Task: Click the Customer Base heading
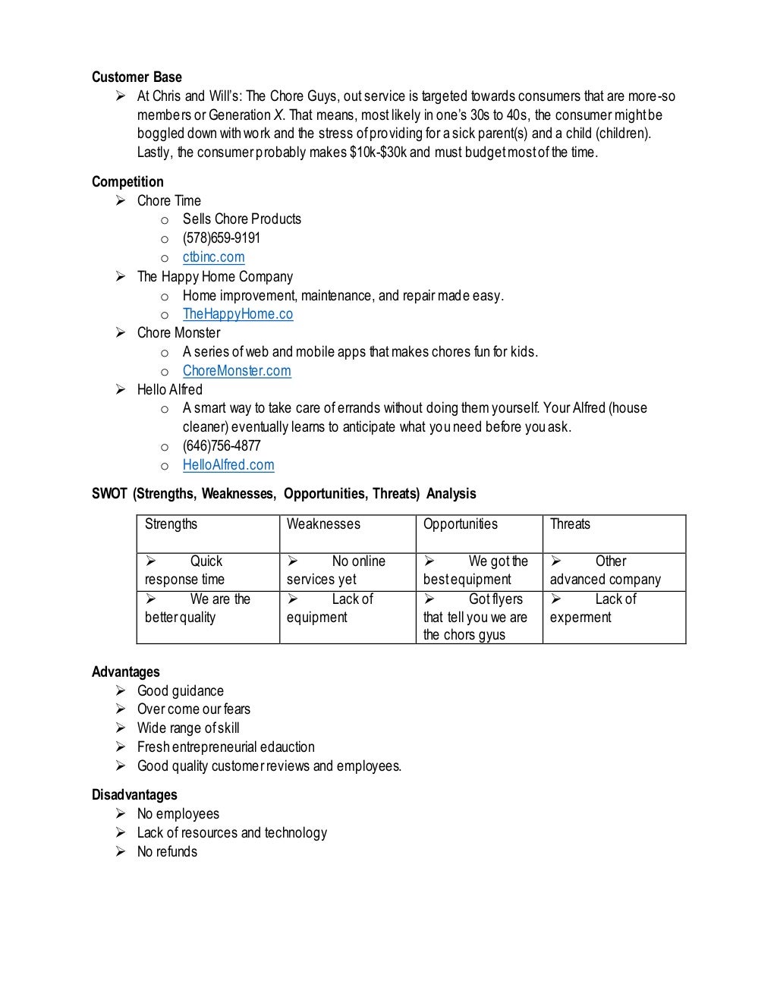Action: [x=137, y=77]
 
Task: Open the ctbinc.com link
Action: [x=213, y=257]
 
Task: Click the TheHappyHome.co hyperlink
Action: [x=238, y=314]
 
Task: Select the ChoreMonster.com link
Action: [x=237, y=371]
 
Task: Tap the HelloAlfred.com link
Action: [x=228, y=465]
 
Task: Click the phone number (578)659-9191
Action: [x=221, y=238]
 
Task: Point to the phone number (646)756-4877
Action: [x=221, y=446]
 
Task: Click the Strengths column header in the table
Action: [x=171, y=524]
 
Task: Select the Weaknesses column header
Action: [x=323, y=524]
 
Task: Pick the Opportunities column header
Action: [x=460, y=524]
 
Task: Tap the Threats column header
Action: [x=570, y=524]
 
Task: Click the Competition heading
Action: [x=127, y=182]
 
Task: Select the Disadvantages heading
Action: [x=134, y=795]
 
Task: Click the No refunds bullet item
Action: [x=167, y=852]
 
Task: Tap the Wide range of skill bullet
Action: [x=188, y=728]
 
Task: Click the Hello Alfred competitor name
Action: [x=170, y=390]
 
